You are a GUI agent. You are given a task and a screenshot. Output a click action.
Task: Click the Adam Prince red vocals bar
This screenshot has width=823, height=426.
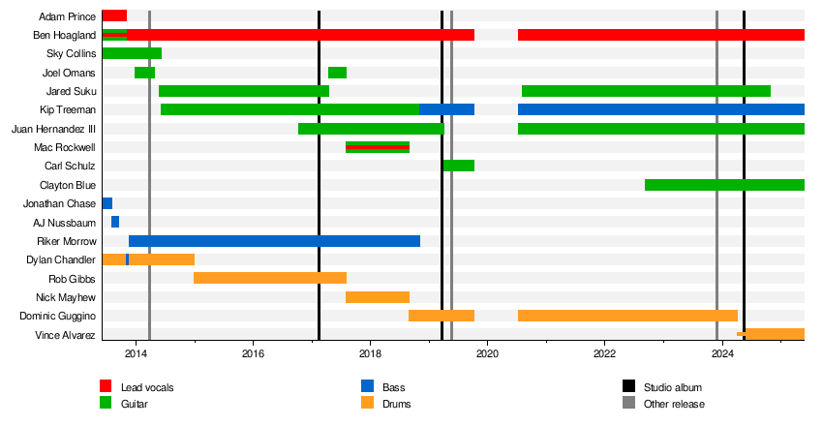[x=114, y=15]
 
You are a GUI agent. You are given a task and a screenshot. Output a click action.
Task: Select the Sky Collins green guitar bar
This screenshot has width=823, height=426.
[x=132, y=53]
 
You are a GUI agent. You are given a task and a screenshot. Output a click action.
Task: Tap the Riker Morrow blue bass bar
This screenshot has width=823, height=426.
[x=274, y=241]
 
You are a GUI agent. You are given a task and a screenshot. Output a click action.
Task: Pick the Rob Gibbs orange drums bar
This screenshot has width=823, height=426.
[x=270, y=278]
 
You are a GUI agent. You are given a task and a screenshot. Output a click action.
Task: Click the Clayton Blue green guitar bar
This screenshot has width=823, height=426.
[x=724, y=185]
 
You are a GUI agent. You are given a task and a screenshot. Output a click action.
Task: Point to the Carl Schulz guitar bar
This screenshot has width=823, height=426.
[x=458, y=166]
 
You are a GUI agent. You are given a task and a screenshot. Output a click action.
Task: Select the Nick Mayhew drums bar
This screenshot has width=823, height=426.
[x=378, y=297]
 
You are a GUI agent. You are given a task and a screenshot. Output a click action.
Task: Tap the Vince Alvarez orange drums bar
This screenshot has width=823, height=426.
[x=774, y=334]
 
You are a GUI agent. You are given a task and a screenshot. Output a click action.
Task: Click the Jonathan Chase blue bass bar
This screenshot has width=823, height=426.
[x=107, y=203]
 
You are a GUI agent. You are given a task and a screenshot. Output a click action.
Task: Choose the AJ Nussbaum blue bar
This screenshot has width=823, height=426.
[x=115, y=222]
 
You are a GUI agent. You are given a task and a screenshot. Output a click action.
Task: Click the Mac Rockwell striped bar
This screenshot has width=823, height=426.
[x=378, y=147]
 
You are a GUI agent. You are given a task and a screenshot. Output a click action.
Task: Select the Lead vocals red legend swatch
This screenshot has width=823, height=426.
[x=107, y=387]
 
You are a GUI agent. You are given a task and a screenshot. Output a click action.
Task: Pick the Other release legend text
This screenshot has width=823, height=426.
[x=674, y=404]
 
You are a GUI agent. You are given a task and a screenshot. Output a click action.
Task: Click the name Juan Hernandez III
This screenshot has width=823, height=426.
[x=53, y=129]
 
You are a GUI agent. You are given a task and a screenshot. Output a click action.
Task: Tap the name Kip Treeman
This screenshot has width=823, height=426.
[x=68, y=109]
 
